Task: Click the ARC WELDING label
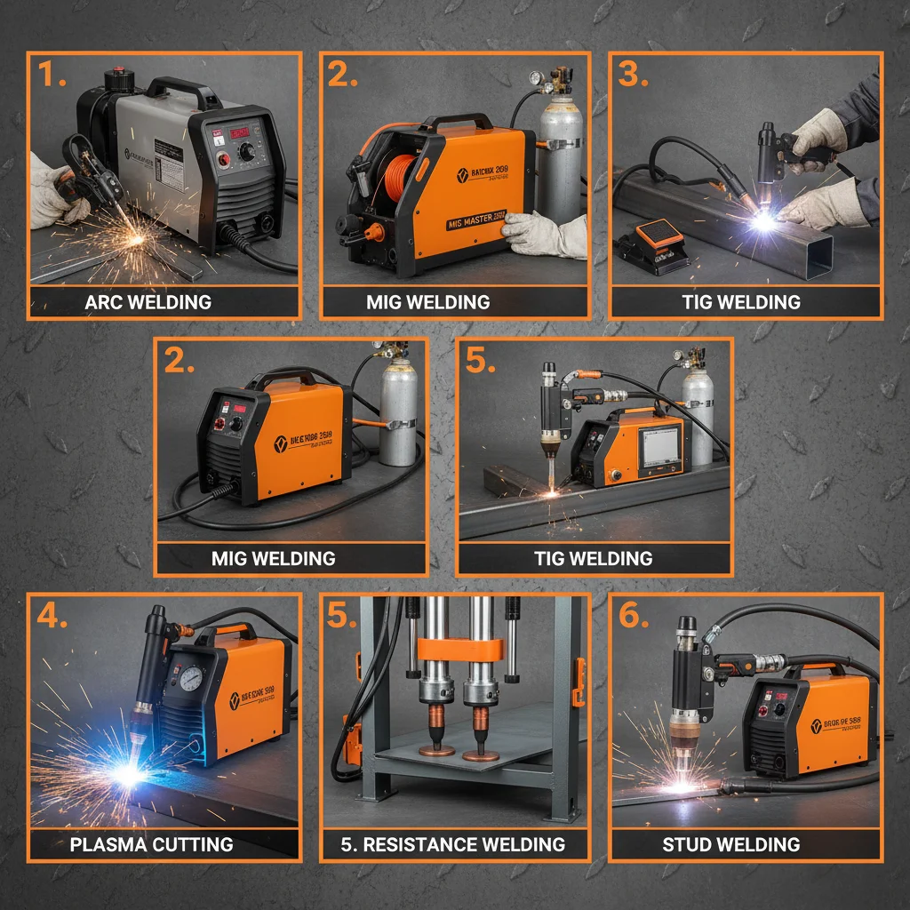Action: point(148,302)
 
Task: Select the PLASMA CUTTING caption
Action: point(151,844)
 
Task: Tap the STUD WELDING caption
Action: point(731,844)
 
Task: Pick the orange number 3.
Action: point(633,76)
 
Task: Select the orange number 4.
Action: point(51,615)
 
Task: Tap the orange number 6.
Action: point(633,615)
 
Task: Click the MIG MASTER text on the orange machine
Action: point(476,215)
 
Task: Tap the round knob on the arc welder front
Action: point(247,153)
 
